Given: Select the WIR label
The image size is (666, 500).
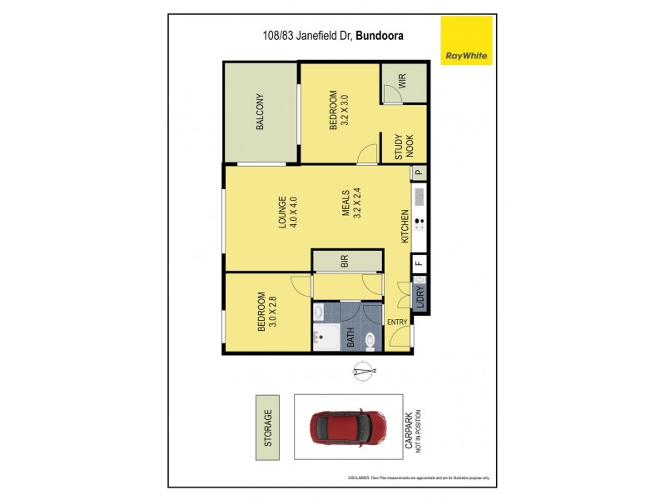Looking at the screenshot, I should pyautogui.click(x=401, y=82).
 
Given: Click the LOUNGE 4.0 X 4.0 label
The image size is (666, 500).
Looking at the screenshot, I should pyautogui.click(x=288, y=212).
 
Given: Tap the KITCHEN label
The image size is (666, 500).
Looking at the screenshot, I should pyautogui.click(x=405, y=227).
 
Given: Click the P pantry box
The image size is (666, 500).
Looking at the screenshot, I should pyautogui.click(x=419, y=172).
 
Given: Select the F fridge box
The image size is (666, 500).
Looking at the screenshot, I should pyautogui.click(x=419, y=264).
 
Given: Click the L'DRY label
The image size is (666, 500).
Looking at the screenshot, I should pyautogui.click(x=420, y=296).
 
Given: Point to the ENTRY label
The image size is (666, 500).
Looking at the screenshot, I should pyautogui.click(x=397, y=322).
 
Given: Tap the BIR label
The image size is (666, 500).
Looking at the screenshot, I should pyautogui.click(x=345, y=261).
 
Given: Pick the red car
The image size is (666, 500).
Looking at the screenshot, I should pyautogui.click(x=349, y=427).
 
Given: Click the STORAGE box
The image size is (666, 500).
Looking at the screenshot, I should pyautogui.click(x=268, y=427).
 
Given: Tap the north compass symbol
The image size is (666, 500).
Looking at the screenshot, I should pyautogui.click(x=362, y=372).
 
